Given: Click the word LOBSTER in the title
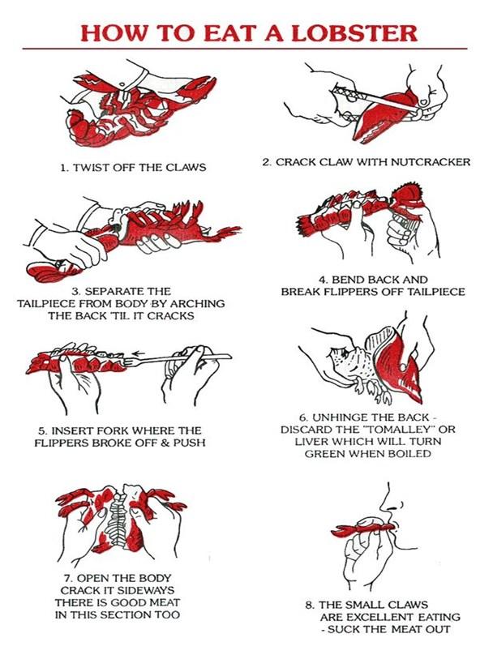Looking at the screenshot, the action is click(x=354, y=33).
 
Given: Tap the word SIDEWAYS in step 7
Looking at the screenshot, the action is click(x=146, y=591).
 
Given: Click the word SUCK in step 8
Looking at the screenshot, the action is click(x=341, y=629).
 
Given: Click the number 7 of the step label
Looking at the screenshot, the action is click(x=67, y=579).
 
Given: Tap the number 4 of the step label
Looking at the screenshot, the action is click(x=323, y=279).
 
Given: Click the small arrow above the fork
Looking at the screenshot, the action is click(x=139, y=353).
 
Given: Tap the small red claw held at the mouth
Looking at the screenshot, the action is click(x=362, y=529).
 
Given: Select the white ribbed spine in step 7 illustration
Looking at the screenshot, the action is click(x=119, y=516).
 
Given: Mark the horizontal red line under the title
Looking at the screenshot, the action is click(x=244, y=49).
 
